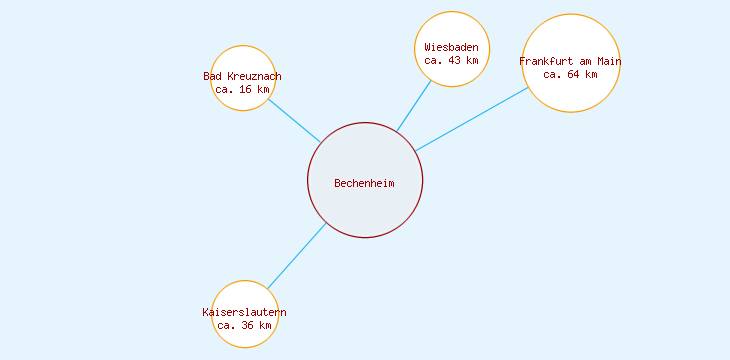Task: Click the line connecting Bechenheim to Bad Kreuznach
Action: [x=294, y=120]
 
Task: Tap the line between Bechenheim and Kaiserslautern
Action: [x=297, y=256]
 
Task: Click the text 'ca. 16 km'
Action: [x=243, y=89]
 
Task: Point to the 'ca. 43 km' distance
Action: [x=451, y=60]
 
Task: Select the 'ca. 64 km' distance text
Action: [x=571, y=74]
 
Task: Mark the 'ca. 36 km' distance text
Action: [x=245, y=325]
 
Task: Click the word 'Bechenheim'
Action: [x=365, y=183]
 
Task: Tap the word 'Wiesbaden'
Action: [x=451, y=47]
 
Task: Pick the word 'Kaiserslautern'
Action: [x=245, y=312]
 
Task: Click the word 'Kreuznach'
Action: [x=255, y=76]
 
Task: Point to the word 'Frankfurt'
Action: [x=547, y=61]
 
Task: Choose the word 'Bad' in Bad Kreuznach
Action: [x=213, y=76]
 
